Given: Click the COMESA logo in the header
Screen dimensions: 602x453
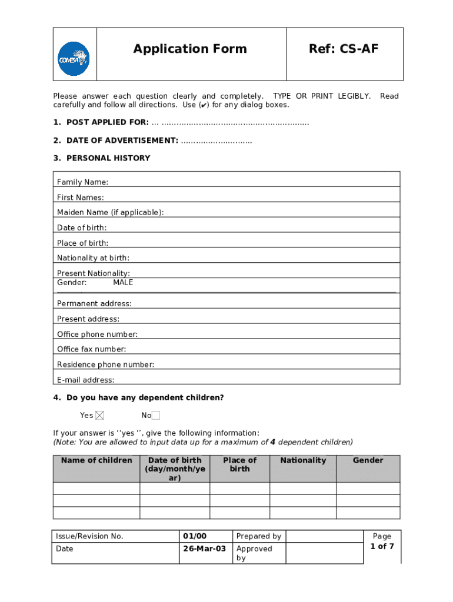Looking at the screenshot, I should click(74, 59).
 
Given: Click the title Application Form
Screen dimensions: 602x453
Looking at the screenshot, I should click(190, 49).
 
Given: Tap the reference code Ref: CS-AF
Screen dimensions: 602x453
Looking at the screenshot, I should click(344, 49).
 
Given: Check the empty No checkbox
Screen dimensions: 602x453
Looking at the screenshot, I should click(156, 416).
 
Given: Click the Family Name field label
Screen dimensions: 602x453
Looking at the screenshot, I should click(82, 182).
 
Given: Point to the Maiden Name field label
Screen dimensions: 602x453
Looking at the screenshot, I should click(110, 212).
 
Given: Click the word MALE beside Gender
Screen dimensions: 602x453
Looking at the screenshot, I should click(123, 282).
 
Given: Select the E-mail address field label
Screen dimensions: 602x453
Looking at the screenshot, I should click(85, 380).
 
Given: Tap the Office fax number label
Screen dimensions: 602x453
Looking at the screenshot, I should click(91, 349).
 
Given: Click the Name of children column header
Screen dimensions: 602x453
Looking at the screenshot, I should click(96, 460).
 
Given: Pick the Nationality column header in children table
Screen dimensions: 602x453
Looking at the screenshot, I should click(303, 460).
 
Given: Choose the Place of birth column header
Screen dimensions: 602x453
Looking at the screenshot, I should click(239, 464).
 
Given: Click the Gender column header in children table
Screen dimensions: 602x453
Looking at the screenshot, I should click(368, 460).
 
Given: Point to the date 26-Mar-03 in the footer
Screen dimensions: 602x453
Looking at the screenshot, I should click(204, 549).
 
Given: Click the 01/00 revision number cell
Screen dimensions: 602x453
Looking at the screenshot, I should click(195, 536).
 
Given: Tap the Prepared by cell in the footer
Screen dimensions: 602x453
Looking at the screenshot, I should click(258, 536).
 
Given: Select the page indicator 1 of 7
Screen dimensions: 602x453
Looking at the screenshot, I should click(382, 546).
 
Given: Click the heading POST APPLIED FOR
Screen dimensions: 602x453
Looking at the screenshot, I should click(108, 122).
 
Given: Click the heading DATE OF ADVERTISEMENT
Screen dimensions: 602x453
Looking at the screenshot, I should click(122, 140).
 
